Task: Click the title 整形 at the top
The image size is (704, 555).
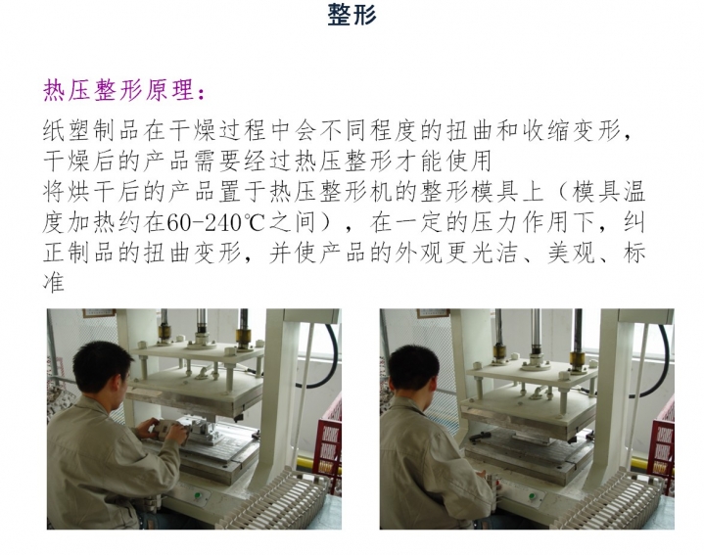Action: tap(352, 16)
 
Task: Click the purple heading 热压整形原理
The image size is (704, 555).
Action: tap(125, 91)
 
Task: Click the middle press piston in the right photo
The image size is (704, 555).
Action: tap(537, 328)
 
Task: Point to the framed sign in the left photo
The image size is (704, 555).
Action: tap(99, 313)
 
